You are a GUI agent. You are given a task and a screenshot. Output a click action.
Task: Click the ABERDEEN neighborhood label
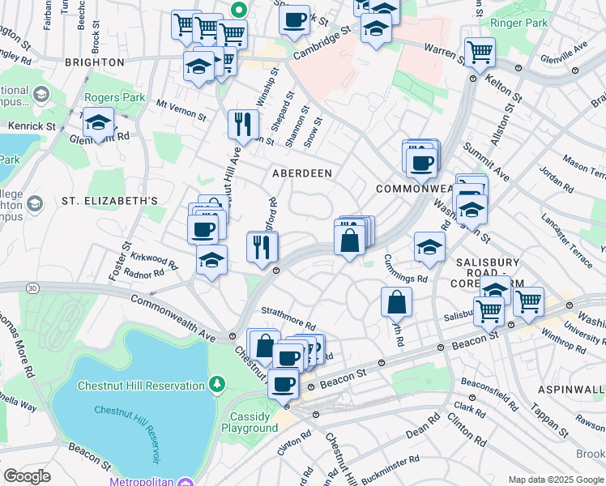click(x=302, y=173)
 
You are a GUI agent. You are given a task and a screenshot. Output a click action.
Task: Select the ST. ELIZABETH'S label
click(x=98, y=200)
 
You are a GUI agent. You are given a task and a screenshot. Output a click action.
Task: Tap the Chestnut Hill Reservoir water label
click(x=134, y=410)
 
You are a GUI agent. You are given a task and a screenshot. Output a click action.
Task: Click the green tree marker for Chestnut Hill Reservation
click(x=217, y=382)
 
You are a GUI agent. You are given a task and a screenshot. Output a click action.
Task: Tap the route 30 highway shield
click(x=32, y=288)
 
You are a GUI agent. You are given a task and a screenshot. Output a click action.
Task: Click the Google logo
click(x=27, y=476)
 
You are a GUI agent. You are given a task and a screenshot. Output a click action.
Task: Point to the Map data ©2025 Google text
click(x=555, y=480)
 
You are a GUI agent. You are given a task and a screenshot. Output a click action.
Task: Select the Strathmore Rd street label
click(x=288, y=312)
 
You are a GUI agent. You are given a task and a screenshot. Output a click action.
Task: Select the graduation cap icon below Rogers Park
click(x=98, y=123)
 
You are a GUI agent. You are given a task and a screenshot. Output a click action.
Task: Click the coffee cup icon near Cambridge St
click(x=295, y=19)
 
